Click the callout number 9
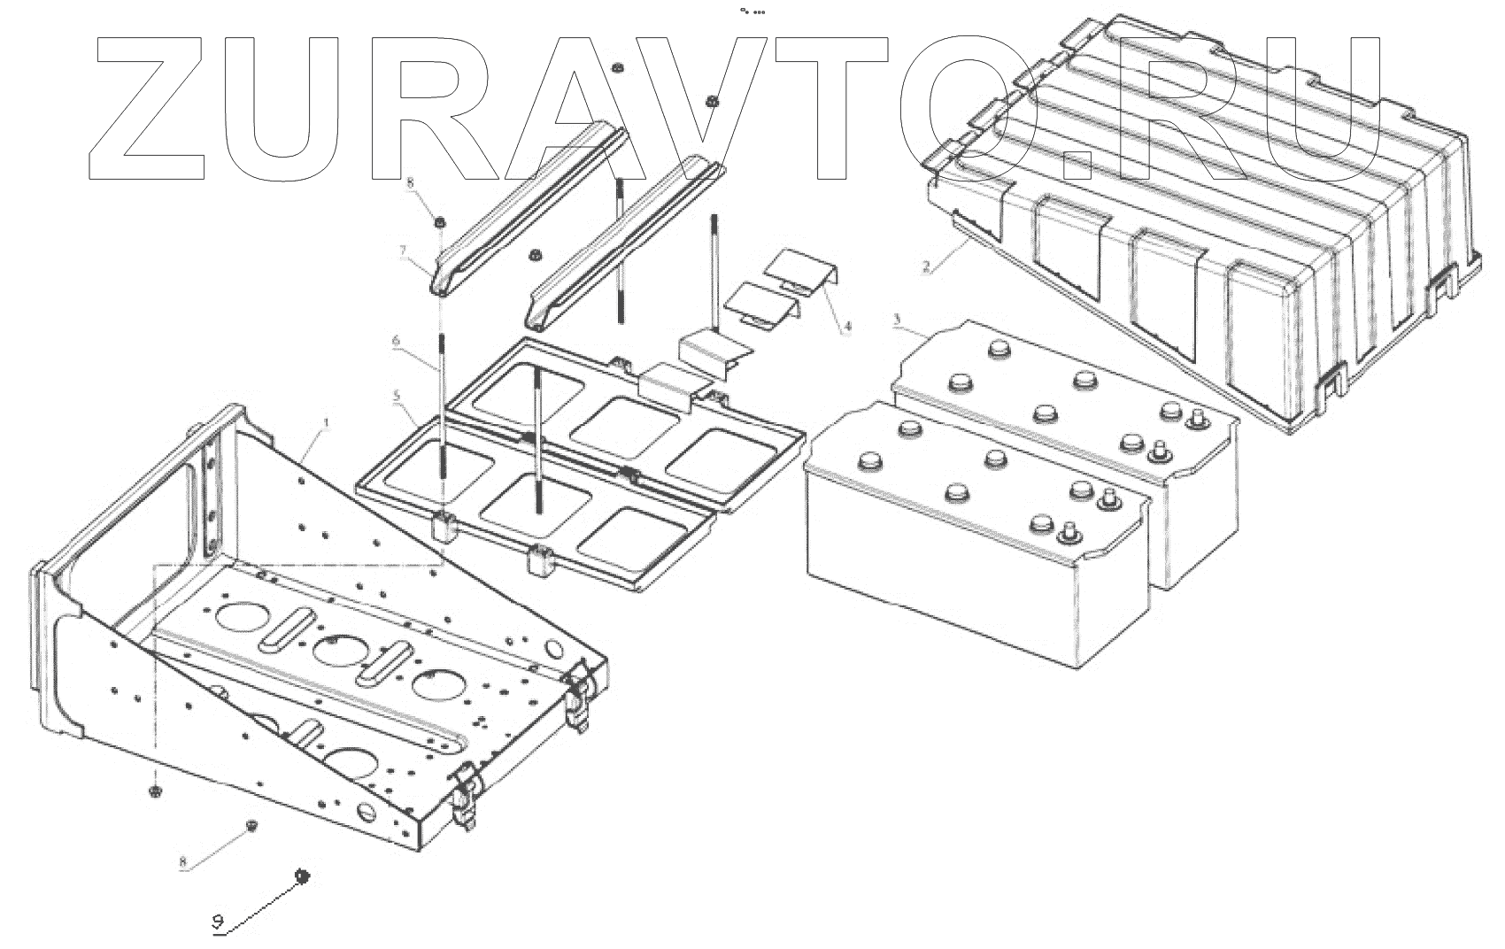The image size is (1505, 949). point(218,922)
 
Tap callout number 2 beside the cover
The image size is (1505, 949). point(926,266)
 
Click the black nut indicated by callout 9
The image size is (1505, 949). point(301,876)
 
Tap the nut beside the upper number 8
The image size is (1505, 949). point(439,220)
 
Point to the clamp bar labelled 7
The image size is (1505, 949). point(522,212)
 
